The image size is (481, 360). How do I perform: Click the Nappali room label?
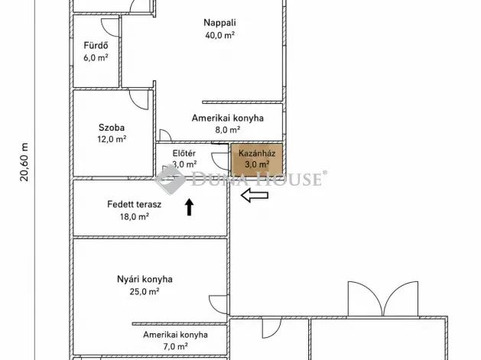click(x=219, y=23)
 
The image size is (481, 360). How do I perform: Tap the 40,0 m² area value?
click(x=220, y=35)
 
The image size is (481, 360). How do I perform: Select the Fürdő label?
click(x=96, y=45)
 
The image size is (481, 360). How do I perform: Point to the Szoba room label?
click(x=112, y=127)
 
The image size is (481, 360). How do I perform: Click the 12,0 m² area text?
click(x=112, y=139)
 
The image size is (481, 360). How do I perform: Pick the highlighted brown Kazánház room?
click(x=256, y=160)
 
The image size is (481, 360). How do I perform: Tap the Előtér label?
click(x=184, y=153)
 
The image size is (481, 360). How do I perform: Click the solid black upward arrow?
click(x=190, y=206)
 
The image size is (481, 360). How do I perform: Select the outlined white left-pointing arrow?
click(x=255, y=196)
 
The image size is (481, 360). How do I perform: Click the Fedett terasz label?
click(x=134, y=204)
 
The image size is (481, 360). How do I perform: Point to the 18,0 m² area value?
click(x=135, y=217)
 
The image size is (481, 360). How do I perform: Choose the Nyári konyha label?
click(x=145, y=279)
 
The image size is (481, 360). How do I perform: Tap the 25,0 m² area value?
click(x=145, y=291)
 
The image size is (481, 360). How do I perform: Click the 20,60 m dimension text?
click(x=24, y=162)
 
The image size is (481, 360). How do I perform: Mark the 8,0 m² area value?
click(x=227, y=130)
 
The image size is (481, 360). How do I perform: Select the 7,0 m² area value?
click(x=175, y=346)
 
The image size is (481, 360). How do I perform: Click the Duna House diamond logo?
click(x=170, y=179)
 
